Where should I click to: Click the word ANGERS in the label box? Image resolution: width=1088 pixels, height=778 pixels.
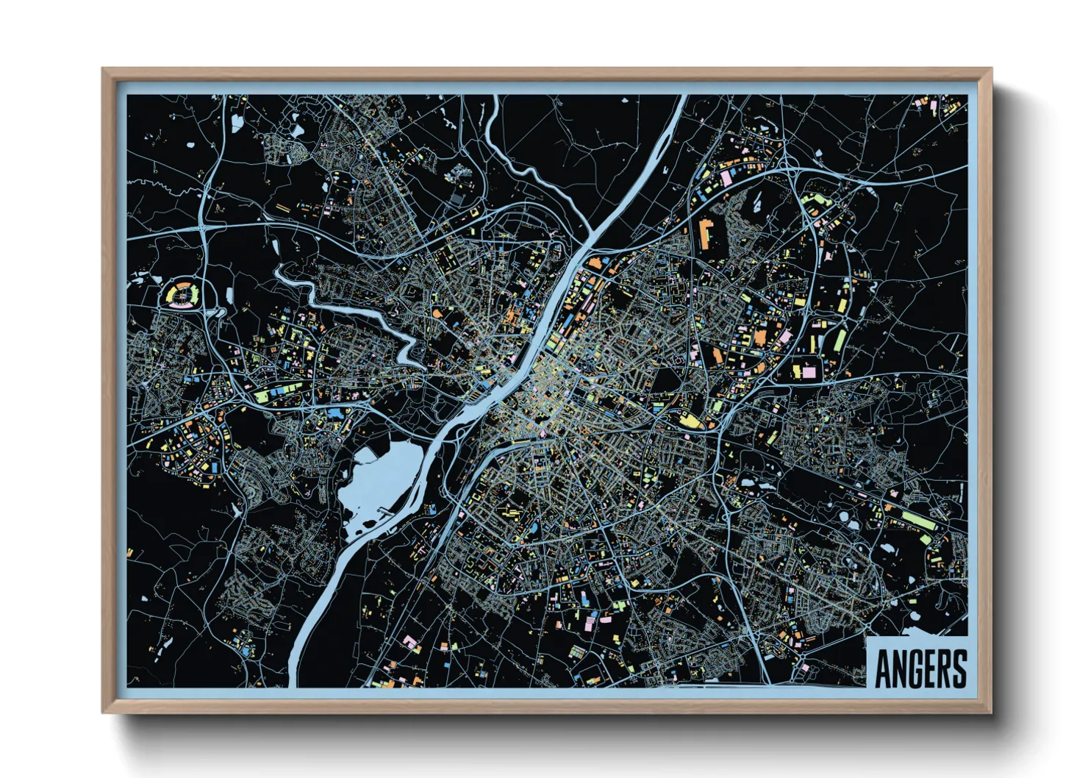pyautogui.click(x=920, y=668)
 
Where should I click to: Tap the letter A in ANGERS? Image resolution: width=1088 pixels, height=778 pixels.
pyautogui.click(x=883, y=668)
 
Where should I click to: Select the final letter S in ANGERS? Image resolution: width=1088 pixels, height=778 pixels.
pyautogui.click(x=959, y=668)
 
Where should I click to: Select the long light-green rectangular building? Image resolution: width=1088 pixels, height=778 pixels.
pyautogui.click(x=917, y=520)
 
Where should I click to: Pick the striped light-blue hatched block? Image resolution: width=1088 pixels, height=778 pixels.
pyautogui.click(x=457, y=197)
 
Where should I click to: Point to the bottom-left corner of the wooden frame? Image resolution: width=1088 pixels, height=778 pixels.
pyautogui.click(x=104, y=711)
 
